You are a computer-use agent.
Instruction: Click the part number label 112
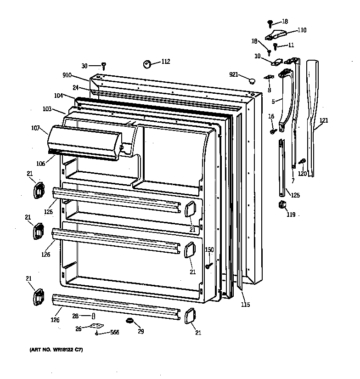(165, 62)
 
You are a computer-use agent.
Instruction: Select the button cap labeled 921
(251, 81)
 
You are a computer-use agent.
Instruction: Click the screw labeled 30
(104, 66)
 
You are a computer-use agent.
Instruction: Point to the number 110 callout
(301, 30)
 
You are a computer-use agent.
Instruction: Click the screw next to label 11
(276, 46)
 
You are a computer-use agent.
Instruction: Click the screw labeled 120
(302, 161)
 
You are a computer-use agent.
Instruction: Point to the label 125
(295, 195)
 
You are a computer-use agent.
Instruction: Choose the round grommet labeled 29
(129, 320)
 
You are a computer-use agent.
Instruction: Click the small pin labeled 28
(94, 315)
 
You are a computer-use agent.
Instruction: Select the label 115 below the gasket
(246, 304)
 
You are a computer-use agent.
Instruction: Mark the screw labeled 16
(273, 131)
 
